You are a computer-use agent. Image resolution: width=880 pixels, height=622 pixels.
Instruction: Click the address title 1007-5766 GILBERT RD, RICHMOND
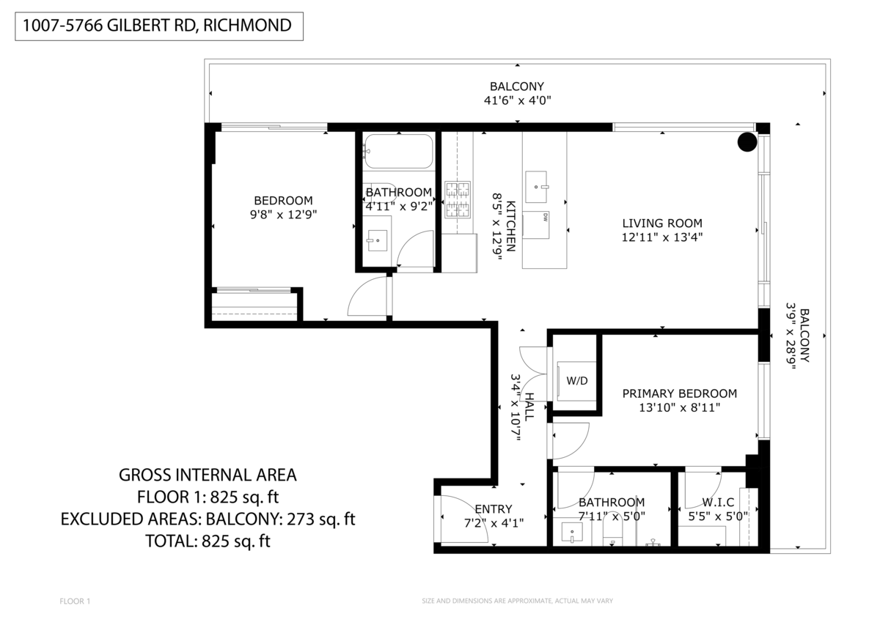[x=157, y=26]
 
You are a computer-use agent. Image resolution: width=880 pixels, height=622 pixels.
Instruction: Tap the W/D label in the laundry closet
[x=576, y=380]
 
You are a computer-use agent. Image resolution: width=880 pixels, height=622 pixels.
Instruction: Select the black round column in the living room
[x=747, y=141]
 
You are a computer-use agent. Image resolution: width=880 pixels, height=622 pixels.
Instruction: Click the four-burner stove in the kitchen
[x=458, y=199]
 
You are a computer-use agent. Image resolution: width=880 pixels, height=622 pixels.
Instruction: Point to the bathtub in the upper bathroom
[x=398, y=151]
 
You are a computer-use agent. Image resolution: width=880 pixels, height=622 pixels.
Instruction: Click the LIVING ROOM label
[x=662, y=223]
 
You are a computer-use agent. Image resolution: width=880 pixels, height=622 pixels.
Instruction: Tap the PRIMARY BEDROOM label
[x=679, y=393]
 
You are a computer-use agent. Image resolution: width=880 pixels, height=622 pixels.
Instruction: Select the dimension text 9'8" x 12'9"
[x=283, y=215]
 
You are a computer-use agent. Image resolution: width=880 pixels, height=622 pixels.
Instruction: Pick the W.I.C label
[x=718, y=502]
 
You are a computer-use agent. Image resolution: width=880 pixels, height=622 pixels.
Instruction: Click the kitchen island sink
[x=536, y=186]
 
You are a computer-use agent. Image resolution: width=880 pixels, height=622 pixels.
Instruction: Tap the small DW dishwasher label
[x=546, y=218]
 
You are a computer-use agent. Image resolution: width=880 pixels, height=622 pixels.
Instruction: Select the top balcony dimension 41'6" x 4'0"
[x=517, y=100]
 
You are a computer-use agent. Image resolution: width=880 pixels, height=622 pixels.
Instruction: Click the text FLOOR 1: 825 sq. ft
[x=208, y=497]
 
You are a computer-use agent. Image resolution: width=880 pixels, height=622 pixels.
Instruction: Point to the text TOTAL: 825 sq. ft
[x=208, y=541]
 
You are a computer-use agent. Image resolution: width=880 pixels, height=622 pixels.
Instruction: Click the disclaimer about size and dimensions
[x=517, y=601]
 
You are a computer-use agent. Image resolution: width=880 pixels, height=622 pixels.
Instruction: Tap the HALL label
[x=529, y=407]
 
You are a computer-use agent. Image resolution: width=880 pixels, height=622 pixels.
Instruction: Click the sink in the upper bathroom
[x=377, y=240]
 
